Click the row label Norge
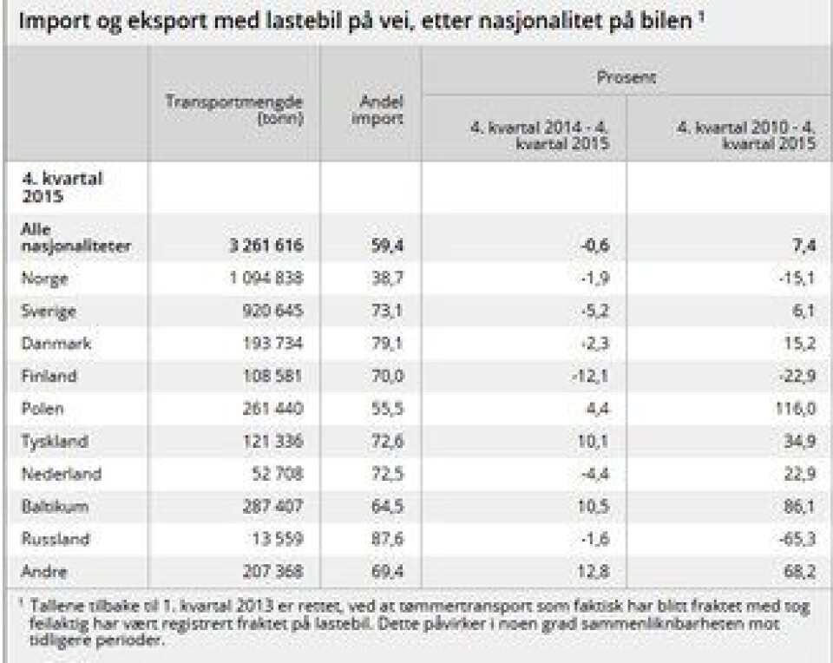45,279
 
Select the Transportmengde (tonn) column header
233,110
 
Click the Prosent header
626,77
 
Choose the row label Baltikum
53,507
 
